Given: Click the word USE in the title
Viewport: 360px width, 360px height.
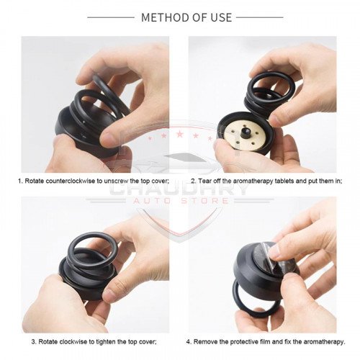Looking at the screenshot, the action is pyautogui.click(x=221, y=17).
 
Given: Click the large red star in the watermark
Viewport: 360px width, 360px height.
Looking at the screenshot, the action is pyautogui.click(x=179, y=134).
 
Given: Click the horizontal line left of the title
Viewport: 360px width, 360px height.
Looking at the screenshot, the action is pyautogui.click(x=111, y=17).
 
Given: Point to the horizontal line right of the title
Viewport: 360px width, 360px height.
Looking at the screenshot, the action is pyautogui.click(x=260, y=17).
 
